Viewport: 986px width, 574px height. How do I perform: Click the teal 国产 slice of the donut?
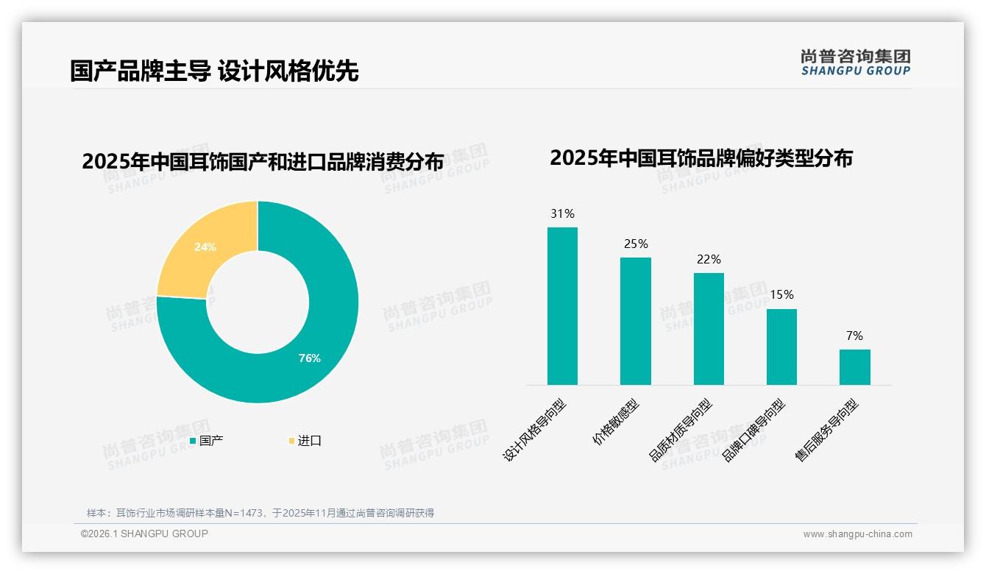pos(324,331)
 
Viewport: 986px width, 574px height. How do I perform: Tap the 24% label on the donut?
pos(205,247)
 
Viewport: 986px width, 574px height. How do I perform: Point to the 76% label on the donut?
pos(309,358)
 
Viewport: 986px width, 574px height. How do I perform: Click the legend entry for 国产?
pos(207,441)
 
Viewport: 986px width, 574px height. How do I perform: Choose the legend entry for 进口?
pos(305,441)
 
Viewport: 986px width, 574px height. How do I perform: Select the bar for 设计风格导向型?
pos(562,306)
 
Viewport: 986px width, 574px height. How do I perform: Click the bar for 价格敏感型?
pos(635,321)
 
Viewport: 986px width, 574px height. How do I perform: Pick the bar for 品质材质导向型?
pos(709,329)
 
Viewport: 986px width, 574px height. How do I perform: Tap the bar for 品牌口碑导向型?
pos(781,347)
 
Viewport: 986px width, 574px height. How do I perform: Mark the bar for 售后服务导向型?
pos(854,366)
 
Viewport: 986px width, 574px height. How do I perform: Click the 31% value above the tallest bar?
pos(562,214)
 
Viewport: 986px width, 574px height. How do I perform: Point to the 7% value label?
pos(854,336)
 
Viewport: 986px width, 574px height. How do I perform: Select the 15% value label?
pos(781,295)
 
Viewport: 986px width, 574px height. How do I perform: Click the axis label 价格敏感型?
pos(617,422)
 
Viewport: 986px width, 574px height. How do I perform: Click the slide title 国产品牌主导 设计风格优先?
pos(214,71)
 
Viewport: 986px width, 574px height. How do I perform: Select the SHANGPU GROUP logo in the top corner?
pos(855,63)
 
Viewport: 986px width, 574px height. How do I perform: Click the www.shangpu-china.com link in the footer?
pos(857,534)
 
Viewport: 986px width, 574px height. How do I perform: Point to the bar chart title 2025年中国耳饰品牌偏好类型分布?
pos(701,158)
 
